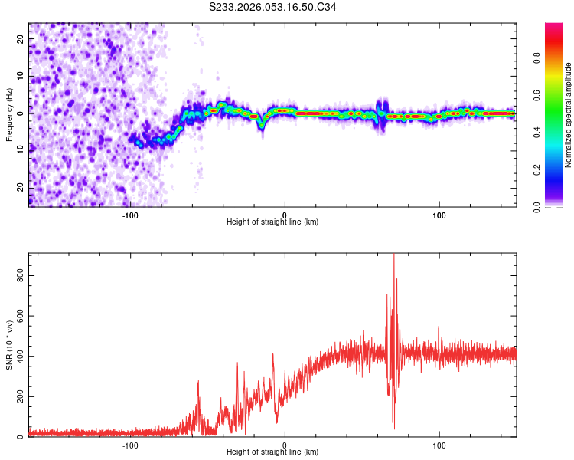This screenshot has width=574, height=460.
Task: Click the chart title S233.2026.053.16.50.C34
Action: tap(272, 7)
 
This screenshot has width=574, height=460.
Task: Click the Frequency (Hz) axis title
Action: tap(9, 115)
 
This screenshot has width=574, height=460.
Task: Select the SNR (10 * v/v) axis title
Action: tap(9, 345)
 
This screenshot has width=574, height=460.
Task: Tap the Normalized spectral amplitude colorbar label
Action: tap(569, 115)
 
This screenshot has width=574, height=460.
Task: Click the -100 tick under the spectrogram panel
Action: tap(130, 215)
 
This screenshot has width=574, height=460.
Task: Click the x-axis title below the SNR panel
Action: tap(272, 453)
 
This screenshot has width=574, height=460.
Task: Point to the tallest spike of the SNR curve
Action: tap(393, 256)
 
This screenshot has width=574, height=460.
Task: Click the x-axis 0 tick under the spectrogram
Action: tap(285, 215)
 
